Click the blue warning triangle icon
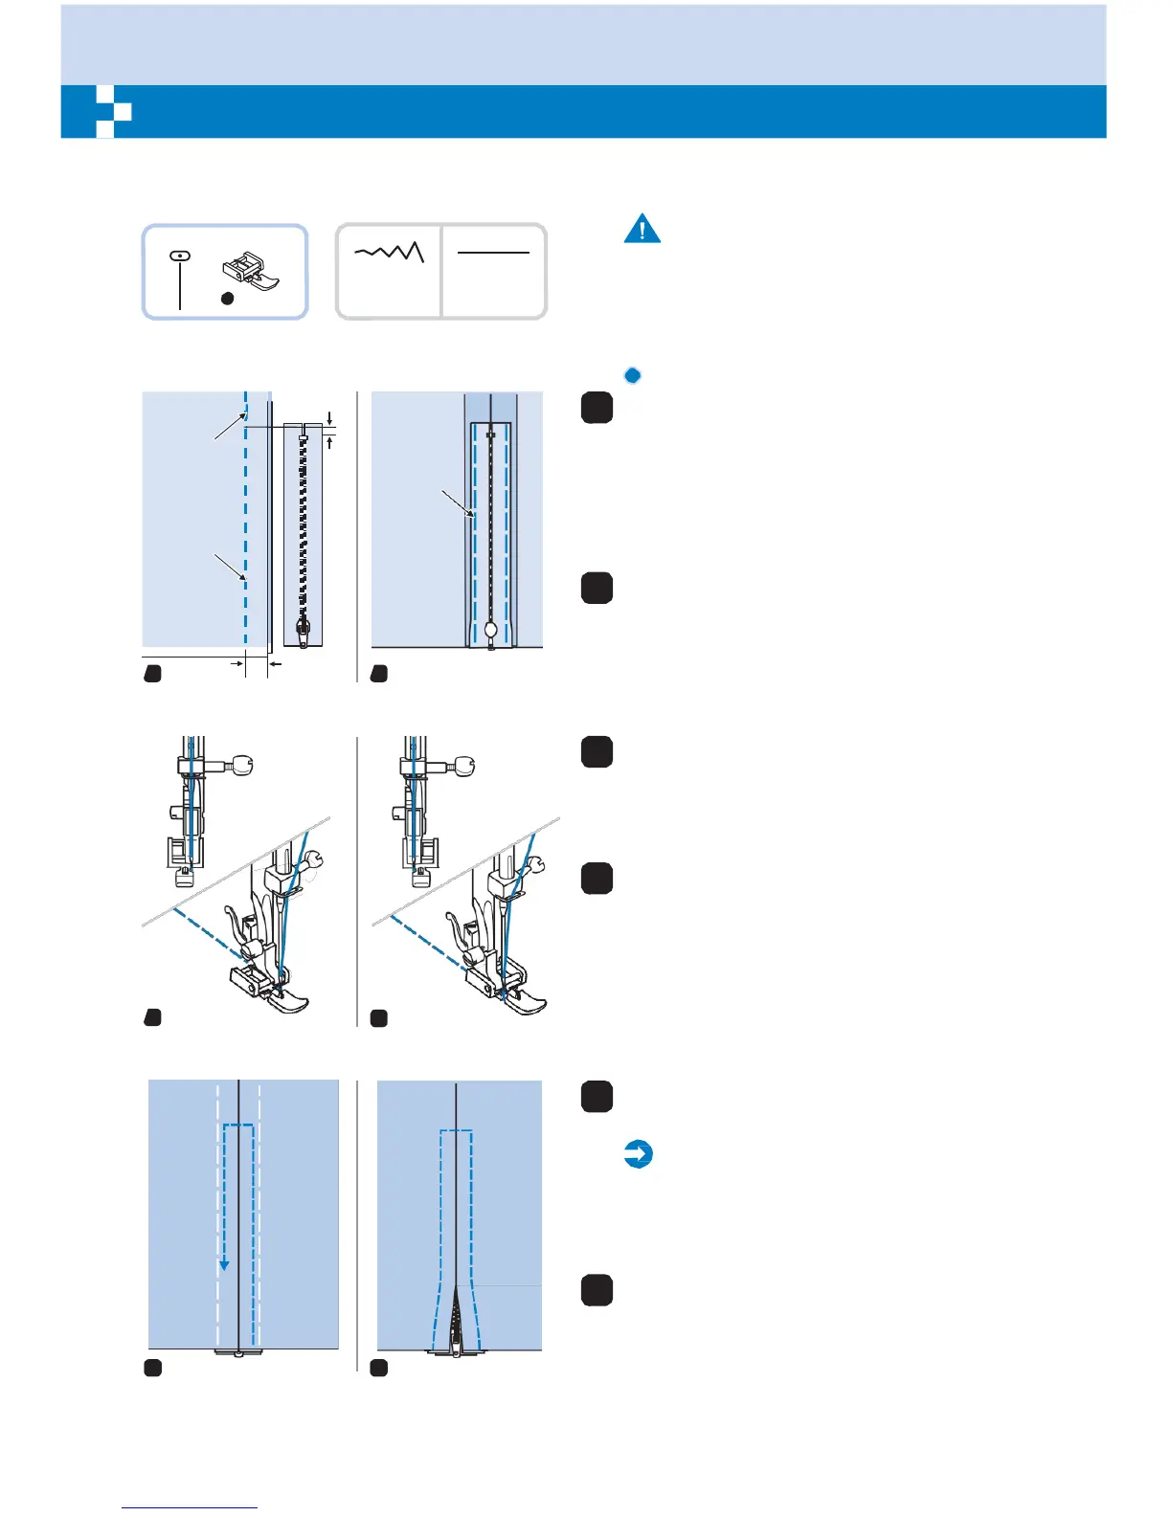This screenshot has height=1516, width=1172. coord(642,229)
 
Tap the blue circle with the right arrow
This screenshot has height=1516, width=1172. coord(638,1154)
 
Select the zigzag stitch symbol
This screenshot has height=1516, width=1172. coord(390,253)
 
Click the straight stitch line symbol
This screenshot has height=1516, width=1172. coord(493,253)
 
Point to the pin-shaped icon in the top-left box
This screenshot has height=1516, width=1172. coord(180,278)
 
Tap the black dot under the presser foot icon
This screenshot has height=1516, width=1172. coord(227,299)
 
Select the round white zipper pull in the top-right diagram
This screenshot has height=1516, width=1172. coord(491,630)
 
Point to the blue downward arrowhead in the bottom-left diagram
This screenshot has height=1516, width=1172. coord(224,1264)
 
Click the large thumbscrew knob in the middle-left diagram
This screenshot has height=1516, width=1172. coord(242,765)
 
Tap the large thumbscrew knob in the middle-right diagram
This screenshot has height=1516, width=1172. coord(464,766)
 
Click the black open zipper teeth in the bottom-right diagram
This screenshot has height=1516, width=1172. coord(456,1321)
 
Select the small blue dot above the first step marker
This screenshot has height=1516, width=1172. coord(632,375)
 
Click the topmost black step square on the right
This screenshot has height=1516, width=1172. coord(597,408)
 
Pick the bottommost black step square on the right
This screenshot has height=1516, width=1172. coord(597,1290)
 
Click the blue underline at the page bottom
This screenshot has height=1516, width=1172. coord(190,1507)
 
